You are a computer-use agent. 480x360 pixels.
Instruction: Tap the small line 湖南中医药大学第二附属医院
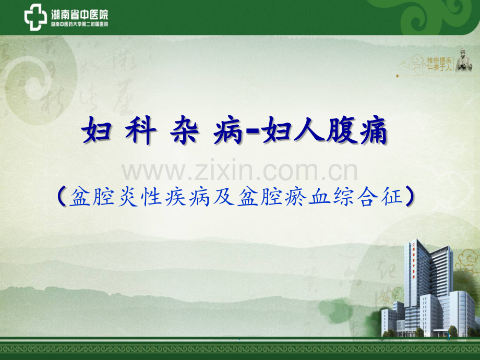80,24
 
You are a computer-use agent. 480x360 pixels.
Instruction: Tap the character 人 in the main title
311,133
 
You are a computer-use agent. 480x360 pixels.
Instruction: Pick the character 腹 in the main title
342,133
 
